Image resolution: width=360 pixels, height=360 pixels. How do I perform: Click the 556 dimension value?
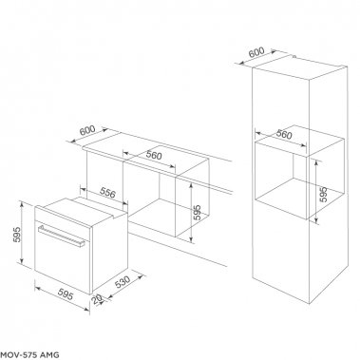pos(109,193)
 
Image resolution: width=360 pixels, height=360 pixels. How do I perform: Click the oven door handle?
pos(63,229)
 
